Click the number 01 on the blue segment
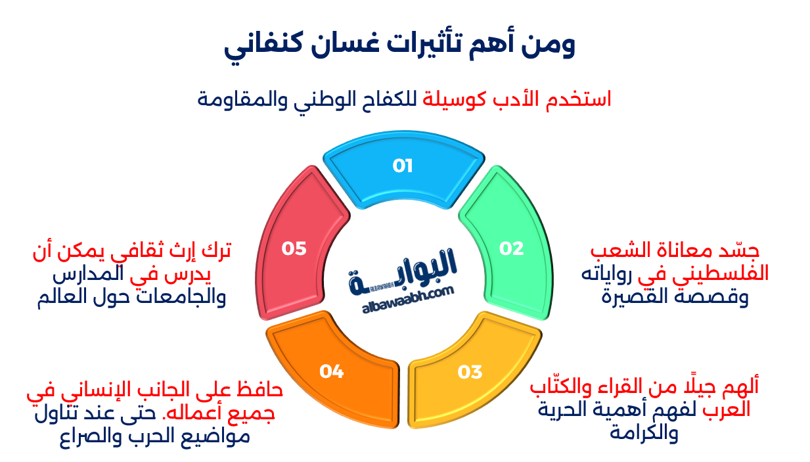point(402,166)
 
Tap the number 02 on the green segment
point(511,248)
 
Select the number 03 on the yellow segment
point(470,372)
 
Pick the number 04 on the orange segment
point(332,372)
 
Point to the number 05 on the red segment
point(294,248)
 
